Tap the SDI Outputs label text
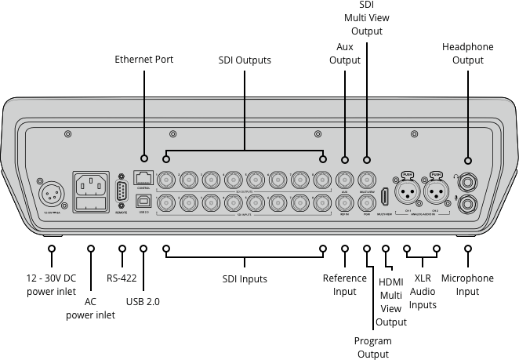click(x=245, y=60)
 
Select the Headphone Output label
click(x=467, y=53)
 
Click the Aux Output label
click(x=345, y=53)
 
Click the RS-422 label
click(x=122, y=278)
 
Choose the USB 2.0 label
click(x=143, y=301)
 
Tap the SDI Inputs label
click(x=244, y=279)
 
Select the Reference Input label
click(x=345, y=285)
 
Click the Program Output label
click(x=372, y=347)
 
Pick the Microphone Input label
click(x=467, y=285)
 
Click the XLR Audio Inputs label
click(x=423, y=291)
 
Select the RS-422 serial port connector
click(x=121, y=193)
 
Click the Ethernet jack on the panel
click(x=143, y=178)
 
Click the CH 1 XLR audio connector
click(x=407, y=192)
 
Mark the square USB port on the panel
click(x=143, y=203)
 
